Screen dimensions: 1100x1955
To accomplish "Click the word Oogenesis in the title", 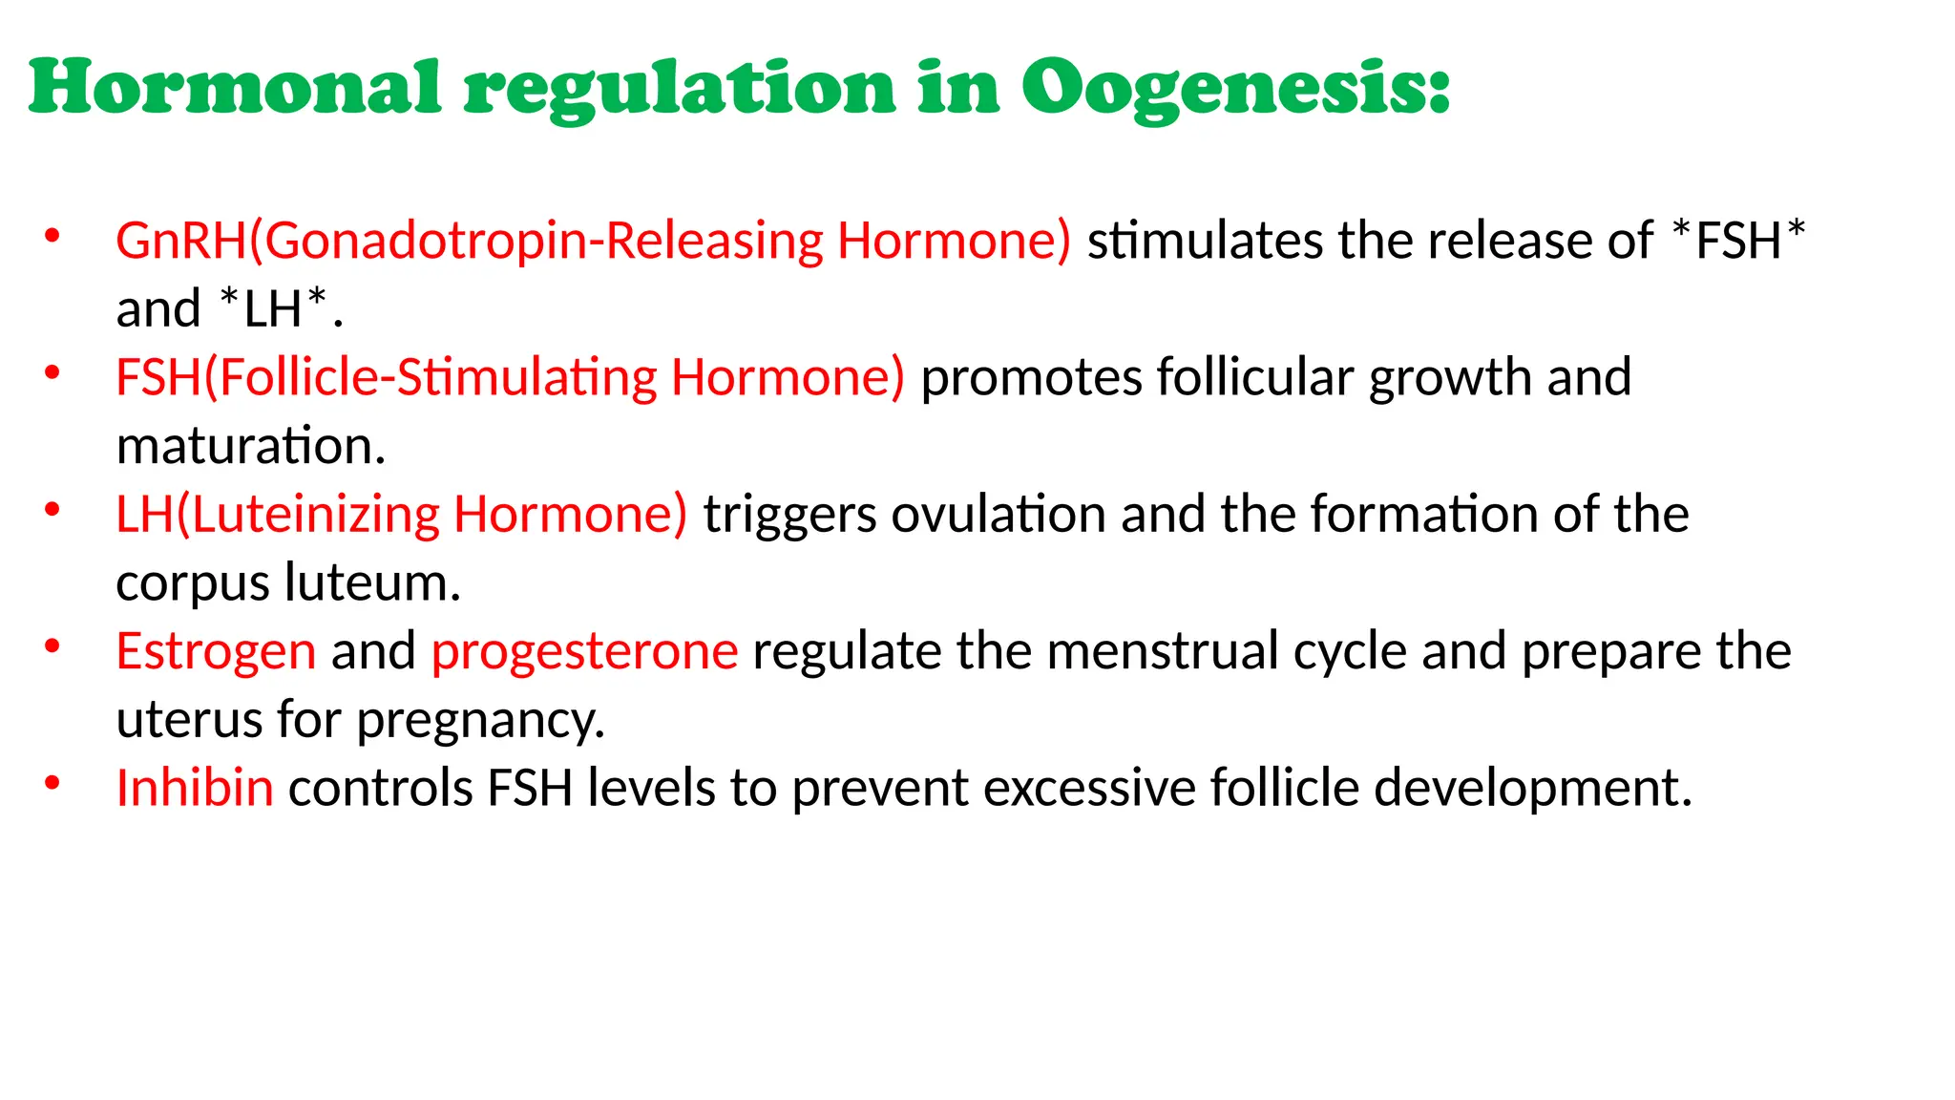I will [x=1236, y=88].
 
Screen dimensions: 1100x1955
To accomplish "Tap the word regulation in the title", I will [x=680, y=88].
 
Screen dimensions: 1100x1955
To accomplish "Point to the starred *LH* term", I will [x=273, y=308].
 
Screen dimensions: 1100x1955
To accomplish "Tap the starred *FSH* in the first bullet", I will [x=1738, y=240].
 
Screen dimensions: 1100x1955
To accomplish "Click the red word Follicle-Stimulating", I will [x=437, y=377].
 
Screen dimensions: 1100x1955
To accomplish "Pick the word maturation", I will [x=250, y=446].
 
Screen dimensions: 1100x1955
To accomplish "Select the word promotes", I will [x=1031, y=377].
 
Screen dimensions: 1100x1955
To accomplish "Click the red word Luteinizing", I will [x=315, y=515].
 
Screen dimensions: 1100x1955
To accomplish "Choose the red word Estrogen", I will [x=216, y=652].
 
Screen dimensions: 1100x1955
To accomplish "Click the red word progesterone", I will [x=584, y=652].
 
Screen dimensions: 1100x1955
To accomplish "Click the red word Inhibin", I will [x=195, y=789].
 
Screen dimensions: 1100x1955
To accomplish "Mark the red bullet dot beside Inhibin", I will [x=53, y=784].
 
